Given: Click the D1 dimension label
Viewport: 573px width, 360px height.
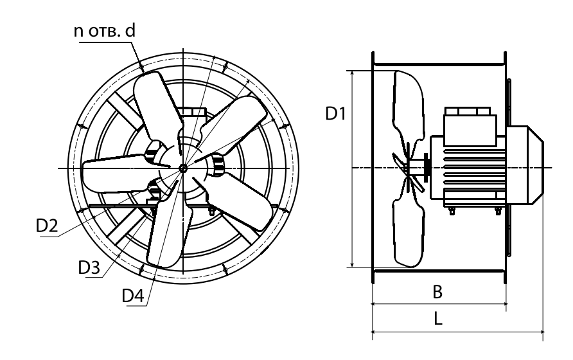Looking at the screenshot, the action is click(335, 114).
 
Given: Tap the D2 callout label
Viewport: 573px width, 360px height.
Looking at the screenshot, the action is click(47, 226).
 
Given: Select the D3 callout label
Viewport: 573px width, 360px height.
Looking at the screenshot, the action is click(89, 268).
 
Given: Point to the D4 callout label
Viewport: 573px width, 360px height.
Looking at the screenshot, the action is click(133, 296).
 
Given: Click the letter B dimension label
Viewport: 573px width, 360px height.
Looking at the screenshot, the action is click(437, 292).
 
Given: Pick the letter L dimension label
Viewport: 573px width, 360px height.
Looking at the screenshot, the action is click(438, 319).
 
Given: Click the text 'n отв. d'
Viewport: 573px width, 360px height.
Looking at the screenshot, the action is click(105, 31).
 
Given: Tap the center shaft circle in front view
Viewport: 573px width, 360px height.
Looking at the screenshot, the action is click(183, 168).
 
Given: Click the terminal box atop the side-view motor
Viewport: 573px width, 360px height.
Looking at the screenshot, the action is click(470, 126).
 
